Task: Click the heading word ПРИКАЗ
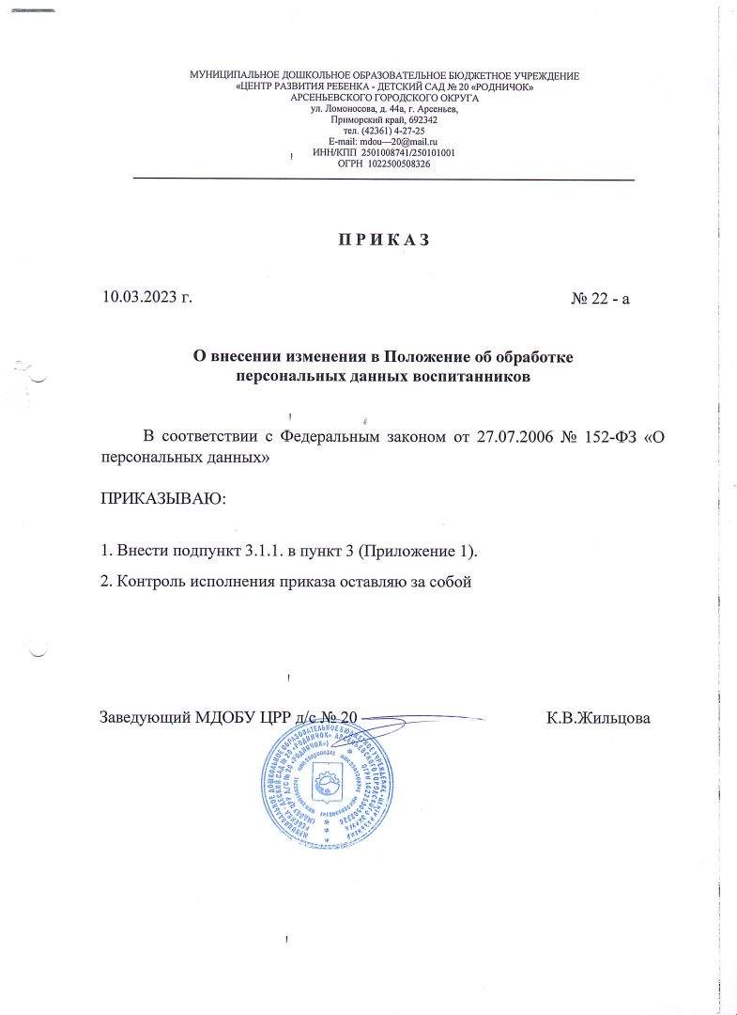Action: coord(383,239)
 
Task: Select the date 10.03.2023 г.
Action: coord(146,299)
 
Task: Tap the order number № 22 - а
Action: coord(600,299)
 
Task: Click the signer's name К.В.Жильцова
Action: coord(599,718)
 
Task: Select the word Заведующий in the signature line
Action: coord(146,718)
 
